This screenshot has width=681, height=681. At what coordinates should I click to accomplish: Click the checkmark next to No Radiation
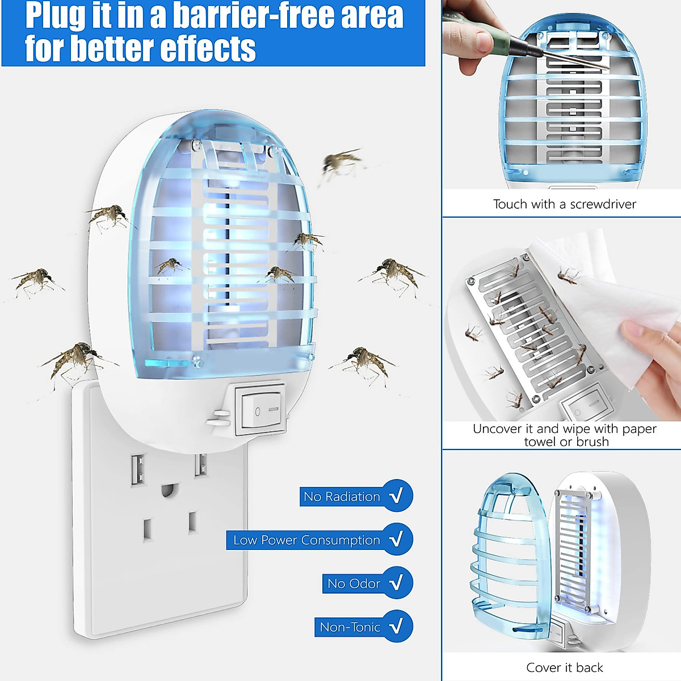(397, 495)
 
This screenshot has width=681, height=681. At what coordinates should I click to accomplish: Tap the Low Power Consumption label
(306, 540)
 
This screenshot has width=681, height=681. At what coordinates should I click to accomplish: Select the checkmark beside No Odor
(397, 583)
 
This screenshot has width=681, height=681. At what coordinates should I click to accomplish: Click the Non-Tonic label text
(350, 627)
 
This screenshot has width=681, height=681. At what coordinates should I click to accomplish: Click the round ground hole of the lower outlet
(167, 489)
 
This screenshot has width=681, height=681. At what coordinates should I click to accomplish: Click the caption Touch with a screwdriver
(564, 204)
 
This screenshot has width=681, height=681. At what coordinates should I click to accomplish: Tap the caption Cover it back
(564, 667)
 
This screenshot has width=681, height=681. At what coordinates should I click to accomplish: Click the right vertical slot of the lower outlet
(192, 522)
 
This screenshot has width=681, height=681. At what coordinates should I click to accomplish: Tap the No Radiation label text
(341, 496)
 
